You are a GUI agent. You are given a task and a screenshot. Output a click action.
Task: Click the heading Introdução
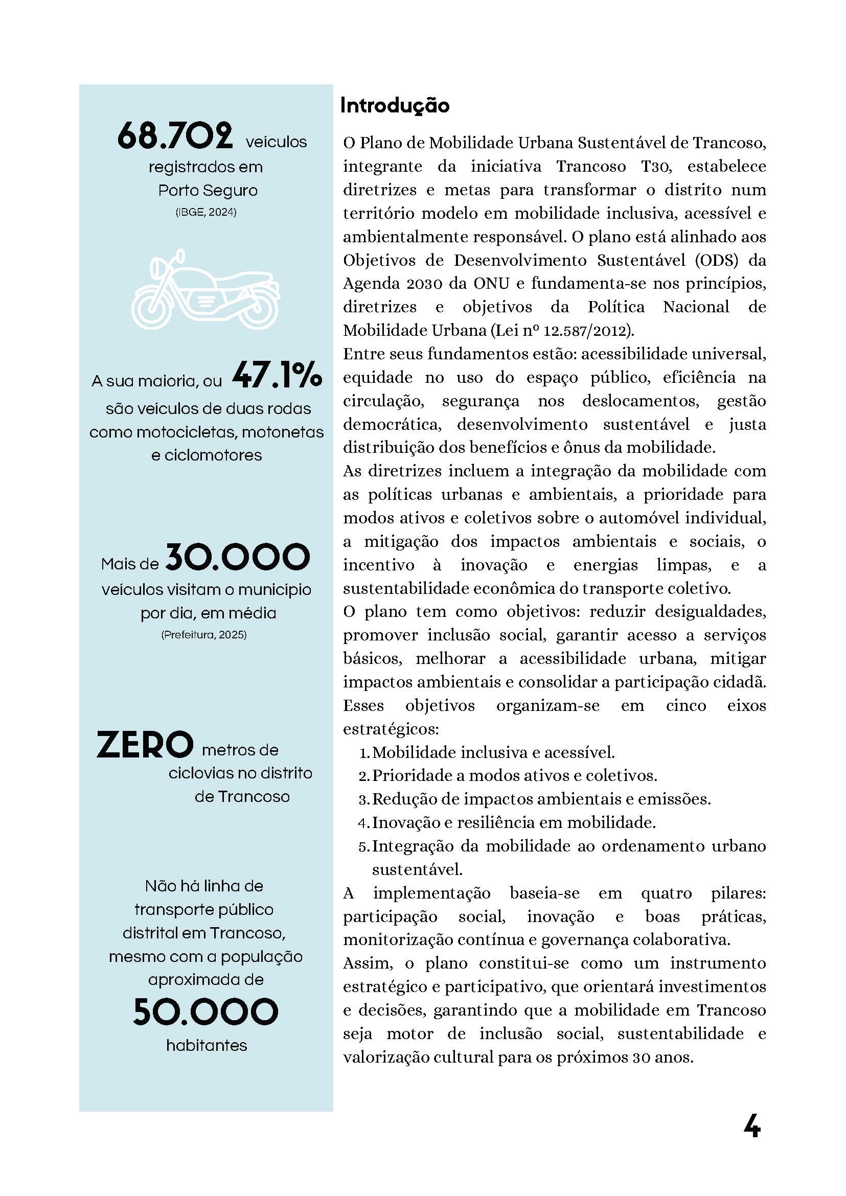click(394, 106)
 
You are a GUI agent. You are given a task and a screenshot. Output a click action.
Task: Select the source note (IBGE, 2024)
click(206, 213)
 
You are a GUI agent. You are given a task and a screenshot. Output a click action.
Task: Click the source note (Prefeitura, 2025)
click(203, 635)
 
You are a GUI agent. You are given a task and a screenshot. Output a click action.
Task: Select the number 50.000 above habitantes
click(206, 1012)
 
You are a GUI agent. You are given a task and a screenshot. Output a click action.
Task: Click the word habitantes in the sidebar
click(207, 1045)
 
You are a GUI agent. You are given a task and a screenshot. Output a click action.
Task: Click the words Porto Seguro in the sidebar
click(208, 191)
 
